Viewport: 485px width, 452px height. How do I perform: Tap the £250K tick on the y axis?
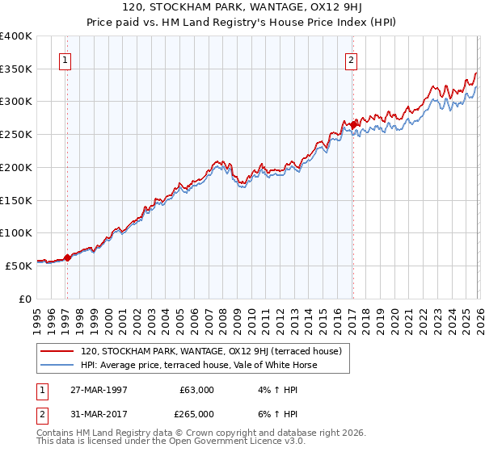(x=16, y=135)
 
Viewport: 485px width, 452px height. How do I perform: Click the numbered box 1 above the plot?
(x=65, y=59)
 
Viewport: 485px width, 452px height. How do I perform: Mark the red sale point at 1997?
(x=67, y=257)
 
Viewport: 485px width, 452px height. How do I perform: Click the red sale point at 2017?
(x=353, y=124)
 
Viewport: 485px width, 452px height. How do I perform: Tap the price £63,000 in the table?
(x=196, y=390)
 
